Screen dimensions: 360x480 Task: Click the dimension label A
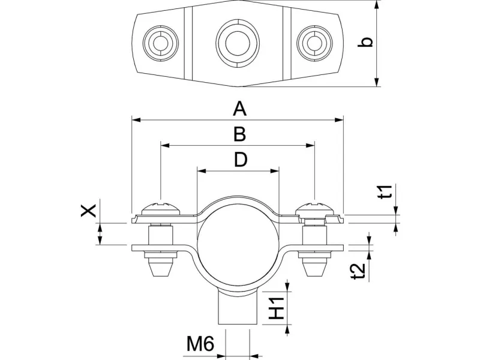239,109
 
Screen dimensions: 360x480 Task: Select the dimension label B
239,134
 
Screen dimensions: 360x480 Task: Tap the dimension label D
240,160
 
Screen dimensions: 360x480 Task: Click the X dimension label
89,211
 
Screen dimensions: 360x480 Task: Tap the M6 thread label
200,344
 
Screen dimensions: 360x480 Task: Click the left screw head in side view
160,208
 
